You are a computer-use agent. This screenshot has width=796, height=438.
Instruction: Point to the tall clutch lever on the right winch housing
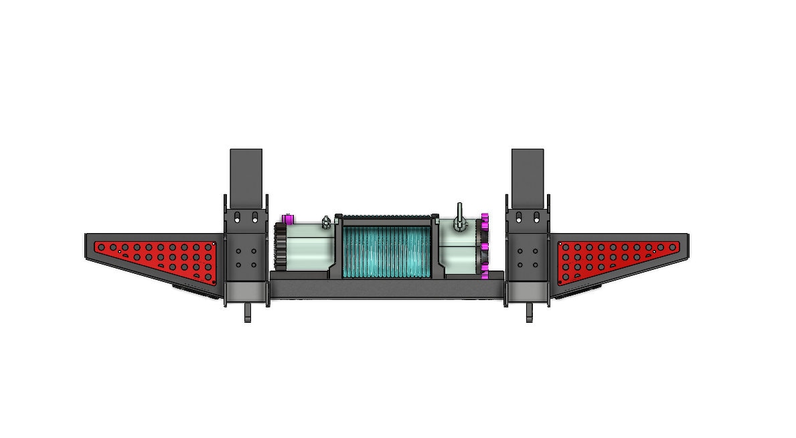coord(461,214)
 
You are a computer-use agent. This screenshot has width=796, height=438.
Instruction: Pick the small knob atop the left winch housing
coord(326,222)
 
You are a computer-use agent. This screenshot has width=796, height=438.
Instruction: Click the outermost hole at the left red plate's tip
coord(100,247)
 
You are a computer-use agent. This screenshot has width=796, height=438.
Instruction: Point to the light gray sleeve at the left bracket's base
coord(246,291)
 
